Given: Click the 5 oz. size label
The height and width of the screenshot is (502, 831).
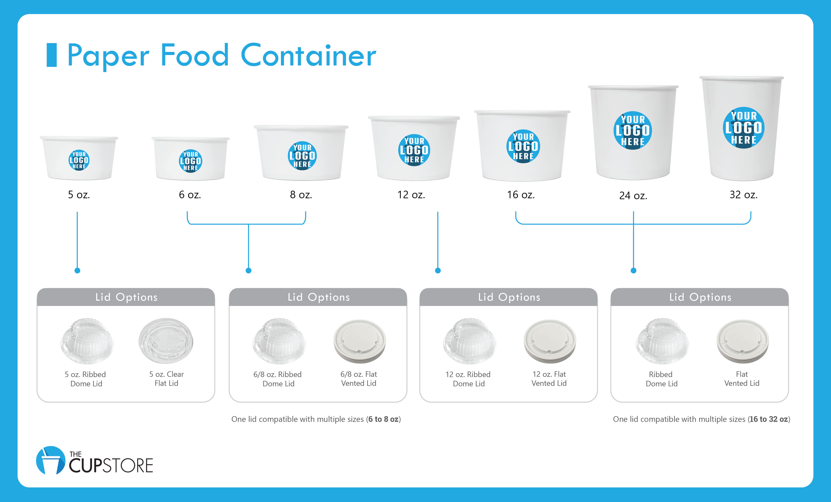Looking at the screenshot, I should pos(79,195).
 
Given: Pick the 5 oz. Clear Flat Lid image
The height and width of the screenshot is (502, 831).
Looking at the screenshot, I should pos(166,341).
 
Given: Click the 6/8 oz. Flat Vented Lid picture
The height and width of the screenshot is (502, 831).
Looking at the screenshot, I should pos(360,341).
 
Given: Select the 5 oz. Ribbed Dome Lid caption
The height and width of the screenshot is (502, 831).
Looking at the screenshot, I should pos(86,379).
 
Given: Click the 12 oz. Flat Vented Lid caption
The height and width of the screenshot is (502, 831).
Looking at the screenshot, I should pos(549,378).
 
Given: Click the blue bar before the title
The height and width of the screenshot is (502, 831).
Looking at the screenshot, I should pos(52,55).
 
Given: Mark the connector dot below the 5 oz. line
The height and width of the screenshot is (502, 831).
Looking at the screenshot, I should pos(77,270).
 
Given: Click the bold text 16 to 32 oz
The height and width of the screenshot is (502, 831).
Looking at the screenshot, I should pos(769,419).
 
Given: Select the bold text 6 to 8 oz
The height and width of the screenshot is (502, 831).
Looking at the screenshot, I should pos(383,419).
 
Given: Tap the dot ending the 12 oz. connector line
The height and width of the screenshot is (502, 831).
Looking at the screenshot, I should pos(438,270).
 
